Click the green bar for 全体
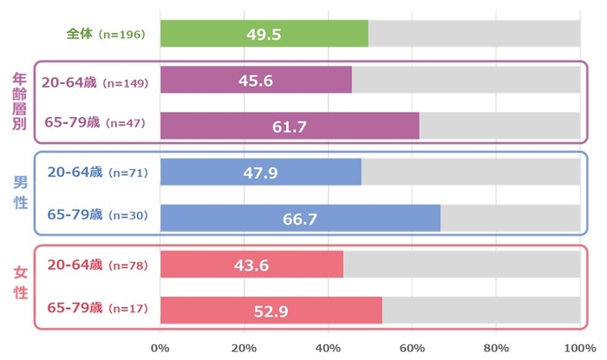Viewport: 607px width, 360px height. tap(264, 34)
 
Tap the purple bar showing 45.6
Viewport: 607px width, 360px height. tap(256, 80)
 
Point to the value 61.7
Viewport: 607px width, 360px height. tap(289, 128)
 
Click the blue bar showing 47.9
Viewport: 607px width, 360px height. tap(260, 173)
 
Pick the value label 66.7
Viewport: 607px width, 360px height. tap(301, 219)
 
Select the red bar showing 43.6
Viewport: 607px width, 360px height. tap(251, 264)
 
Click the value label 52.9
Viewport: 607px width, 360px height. tap(271, 310)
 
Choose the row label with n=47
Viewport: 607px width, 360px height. tap(98, 123)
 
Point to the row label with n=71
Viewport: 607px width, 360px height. tap(98, 173)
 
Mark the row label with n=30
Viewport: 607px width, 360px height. tap(98, 213)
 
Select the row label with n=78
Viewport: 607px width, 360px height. tap(98, 264)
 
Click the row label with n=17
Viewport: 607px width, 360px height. tap(98, 308)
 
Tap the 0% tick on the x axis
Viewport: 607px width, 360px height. tap(160, 348)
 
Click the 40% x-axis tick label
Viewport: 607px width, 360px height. tap(328, 348)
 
